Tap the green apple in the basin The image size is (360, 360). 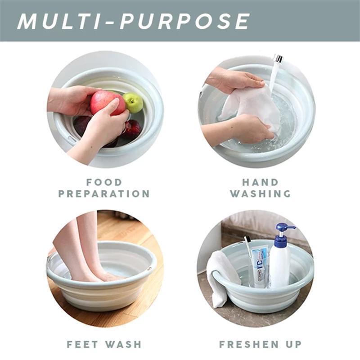click(133, 103)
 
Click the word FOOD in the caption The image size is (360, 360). click(104, 182)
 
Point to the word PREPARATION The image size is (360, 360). click(104, 194)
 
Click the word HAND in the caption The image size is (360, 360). click(260, 182)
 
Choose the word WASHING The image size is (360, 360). click(260, 194)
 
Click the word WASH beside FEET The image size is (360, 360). click(123, 344)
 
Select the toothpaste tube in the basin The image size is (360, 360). click(260, 265)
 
